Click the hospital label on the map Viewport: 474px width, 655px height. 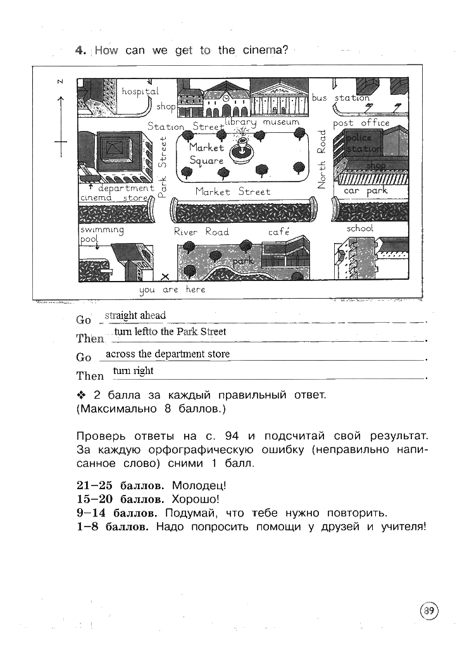tap(140, 92)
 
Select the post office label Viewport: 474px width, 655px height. tap(361, 123)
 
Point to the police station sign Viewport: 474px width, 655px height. tap(363, 144)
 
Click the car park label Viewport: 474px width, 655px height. tap(365, 190)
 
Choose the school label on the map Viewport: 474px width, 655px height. tap(359, 228)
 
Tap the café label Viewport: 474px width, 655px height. tap(278, 232)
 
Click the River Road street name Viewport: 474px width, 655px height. tap(201, 232)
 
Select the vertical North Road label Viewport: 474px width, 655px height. tap(321, 159)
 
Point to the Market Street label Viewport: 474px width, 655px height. tap(232, 191)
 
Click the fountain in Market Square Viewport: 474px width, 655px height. tap(240, 149)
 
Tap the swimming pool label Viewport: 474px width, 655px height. tap(101, 235)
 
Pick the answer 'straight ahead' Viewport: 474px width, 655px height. tap(135, 315)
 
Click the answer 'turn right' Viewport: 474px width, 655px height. tap(133, 371)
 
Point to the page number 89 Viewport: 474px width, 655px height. tap(428, 611)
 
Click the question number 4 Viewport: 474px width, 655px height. tap(80, 51)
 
